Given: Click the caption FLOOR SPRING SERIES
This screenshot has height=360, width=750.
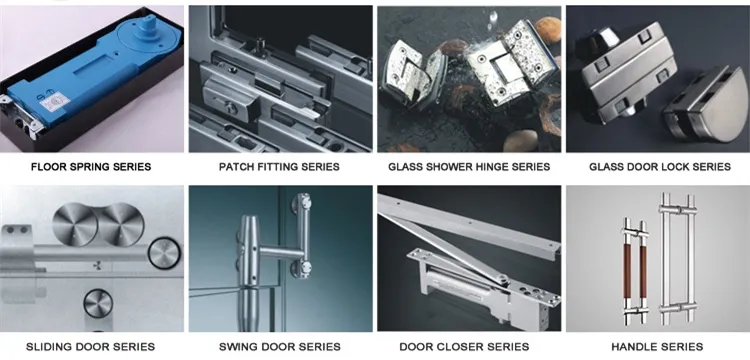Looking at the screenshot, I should click(91, 166).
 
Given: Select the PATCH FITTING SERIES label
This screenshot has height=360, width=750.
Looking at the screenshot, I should click(279, 166).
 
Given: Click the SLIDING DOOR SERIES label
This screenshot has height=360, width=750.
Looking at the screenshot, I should click(92, 346).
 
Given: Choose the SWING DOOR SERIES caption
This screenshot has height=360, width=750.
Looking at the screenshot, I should click(279, 346).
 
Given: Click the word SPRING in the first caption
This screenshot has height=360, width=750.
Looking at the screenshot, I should click(95, 166).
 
